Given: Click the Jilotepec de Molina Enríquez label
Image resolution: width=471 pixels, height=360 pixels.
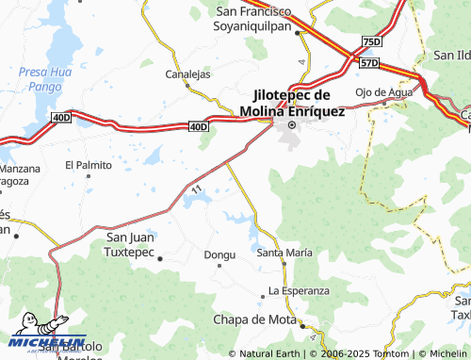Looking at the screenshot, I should click(x=292, y=103).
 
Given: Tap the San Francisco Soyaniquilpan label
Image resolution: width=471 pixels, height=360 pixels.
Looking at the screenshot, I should click(x=252, y=18).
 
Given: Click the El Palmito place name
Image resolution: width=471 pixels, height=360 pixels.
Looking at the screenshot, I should click(x=88, y=165).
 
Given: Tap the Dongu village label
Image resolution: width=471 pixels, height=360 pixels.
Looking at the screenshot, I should click(x=219, y=254).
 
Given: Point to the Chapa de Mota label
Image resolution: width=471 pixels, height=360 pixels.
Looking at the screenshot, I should click(x=255, y=319).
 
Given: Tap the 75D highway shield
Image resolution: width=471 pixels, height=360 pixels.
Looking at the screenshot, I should click(x=371, y=42).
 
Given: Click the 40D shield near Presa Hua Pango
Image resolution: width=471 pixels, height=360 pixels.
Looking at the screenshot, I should click(x=62, y=117).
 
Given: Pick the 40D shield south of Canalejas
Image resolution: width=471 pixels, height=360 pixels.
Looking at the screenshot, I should click(x=197, y=125).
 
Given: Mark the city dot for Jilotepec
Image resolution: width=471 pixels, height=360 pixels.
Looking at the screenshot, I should click(x=291, y=124).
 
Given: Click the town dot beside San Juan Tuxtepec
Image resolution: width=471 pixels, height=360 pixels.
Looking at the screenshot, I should click(x=160, y=257).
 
